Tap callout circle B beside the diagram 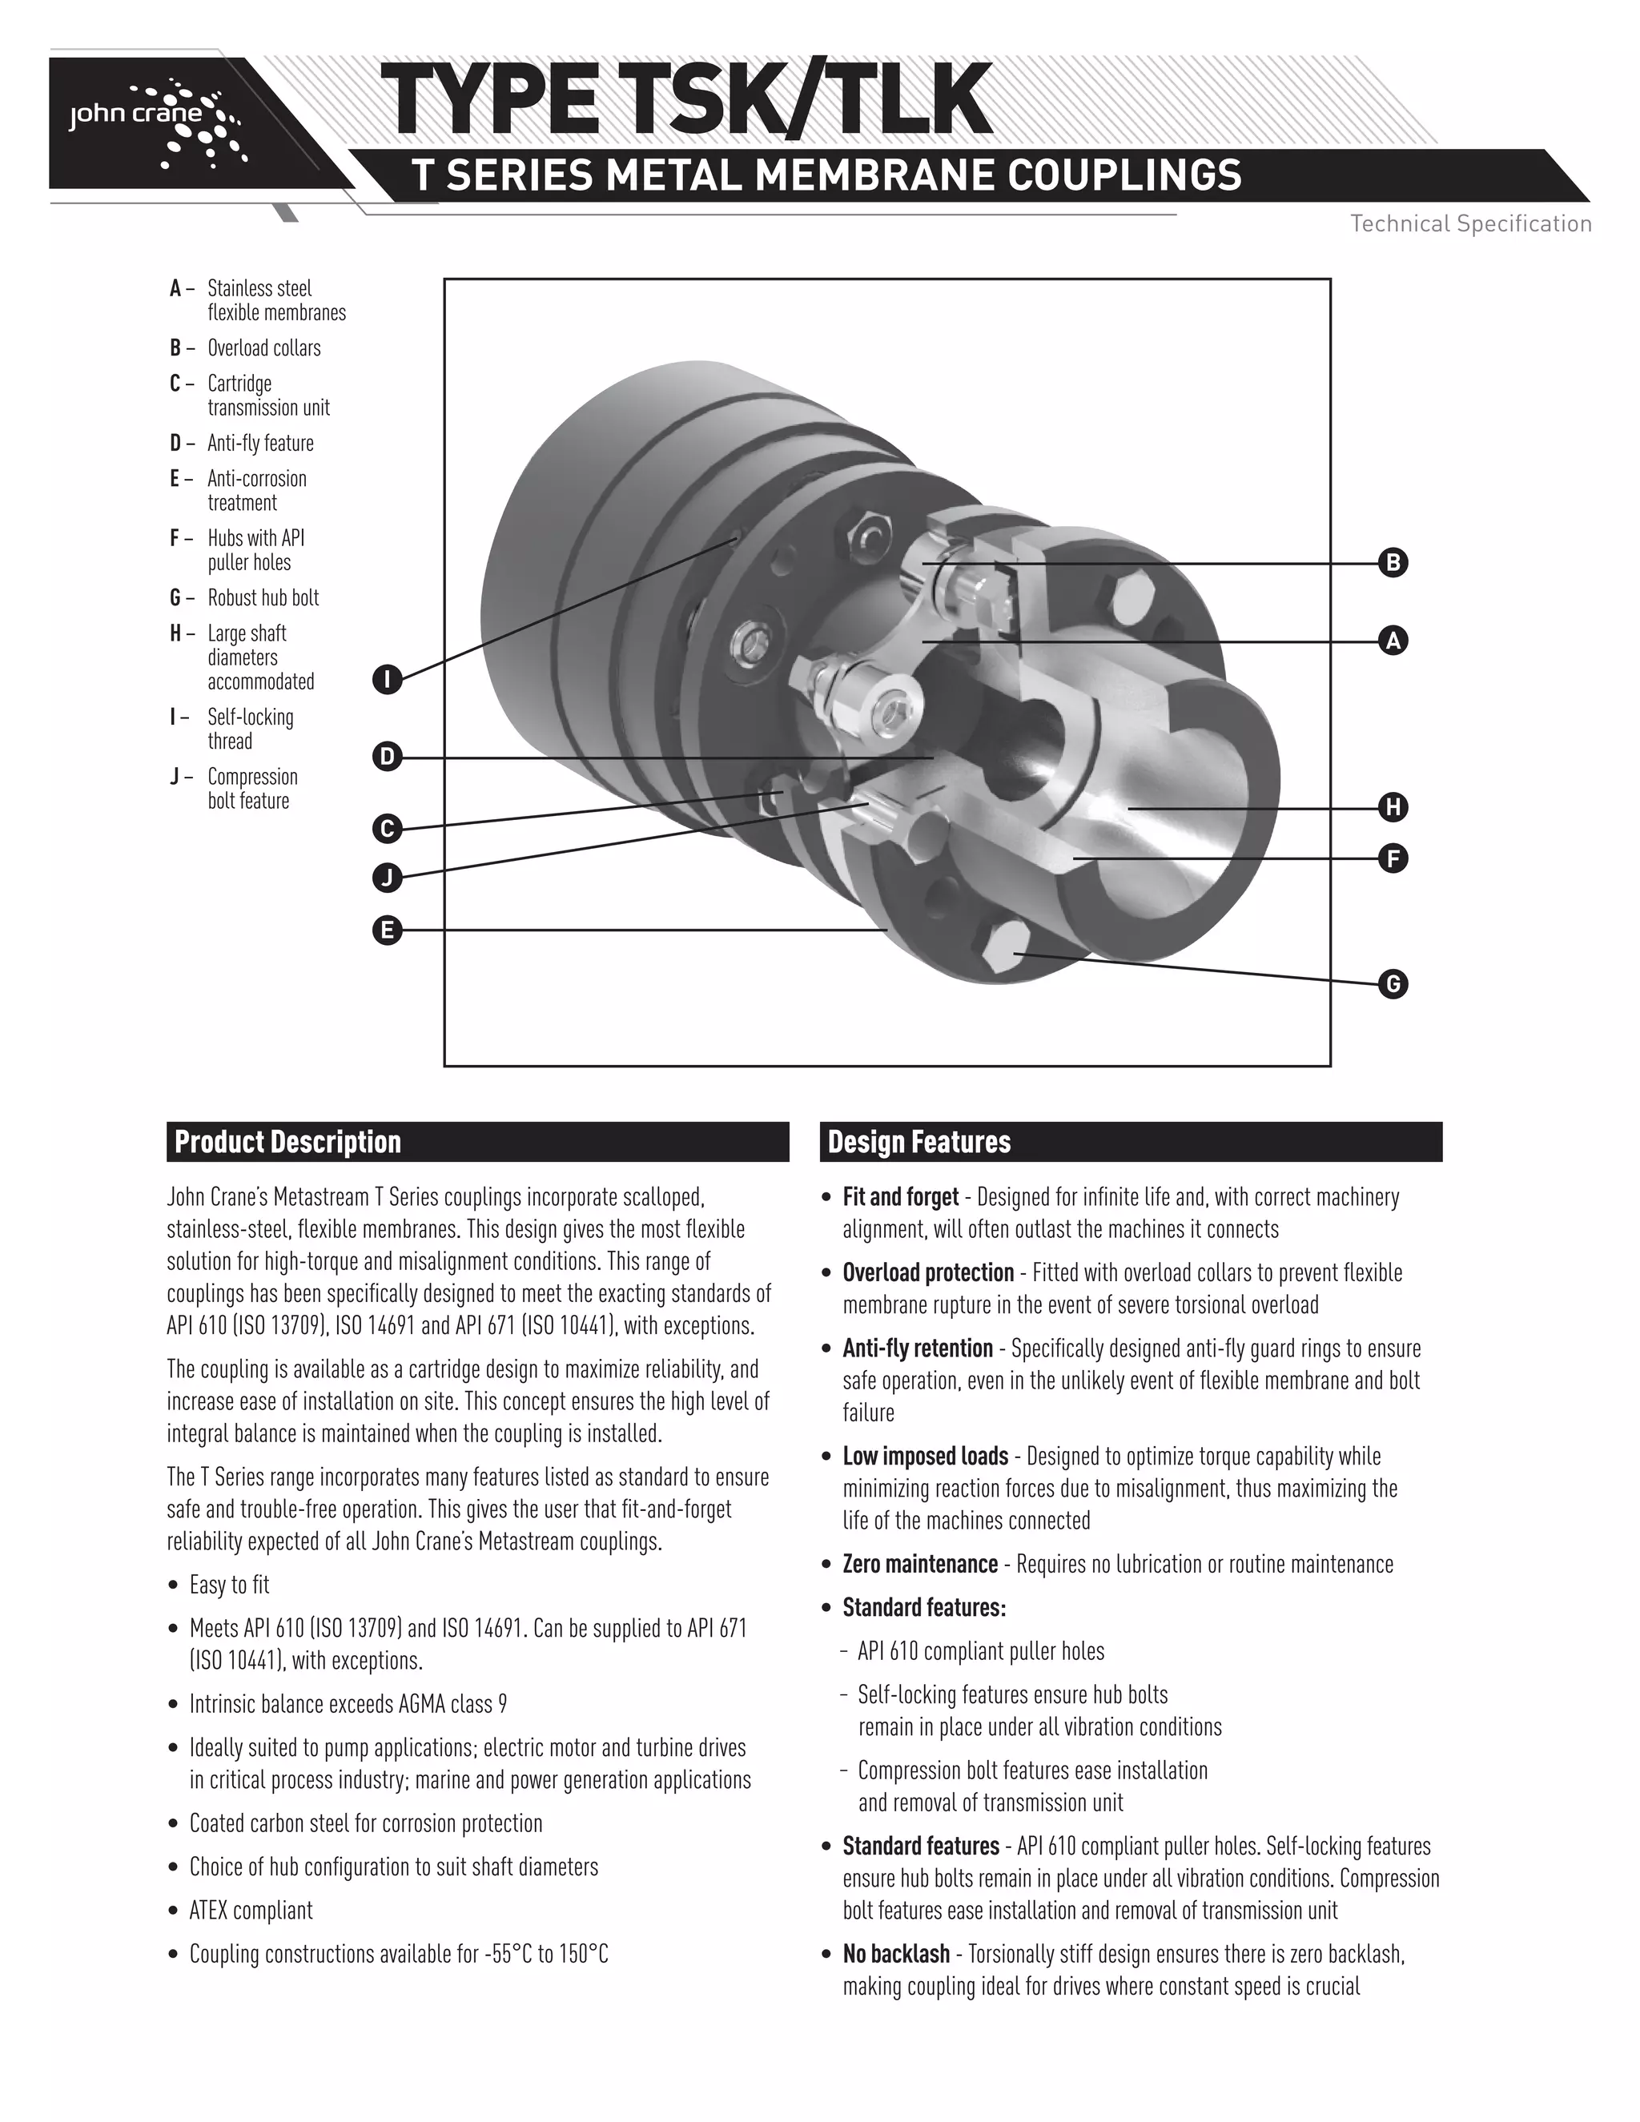coord(1393,563)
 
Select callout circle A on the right coord(1393,641)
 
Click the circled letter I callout coord(387,678)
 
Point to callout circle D coord(387,756)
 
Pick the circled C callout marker coord(387,829)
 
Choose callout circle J coord(387,878)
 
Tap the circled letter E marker coord(387,930)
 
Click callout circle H coord(1393,806)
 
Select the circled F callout coord(1393,859)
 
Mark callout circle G coord(1393,984)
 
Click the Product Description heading coord(287,1142)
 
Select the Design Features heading coord(918,1142)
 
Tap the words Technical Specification coord(1470,223)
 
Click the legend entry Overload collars coord(263,348)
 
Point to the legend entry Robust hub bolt coord(263,597)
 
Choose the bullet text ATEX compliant coord(251,1910)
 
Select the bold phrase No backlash coord(896,1953)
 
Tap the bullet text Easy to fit coord(228,1585)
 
